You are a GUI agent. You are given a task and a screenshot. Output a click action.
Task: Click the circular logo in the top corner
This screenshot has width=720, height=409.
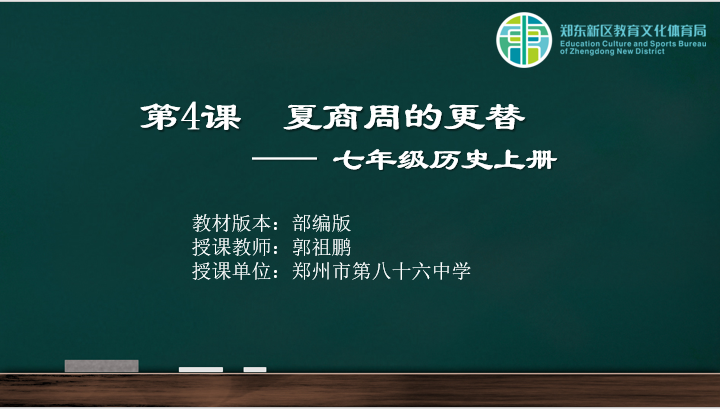pyautogui.click(x=524, y=40)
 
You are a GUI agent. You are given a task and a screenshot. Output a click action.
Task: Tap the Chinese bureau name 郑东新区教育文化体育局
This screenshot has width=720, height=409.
pyautogui.click(x=633, y=31)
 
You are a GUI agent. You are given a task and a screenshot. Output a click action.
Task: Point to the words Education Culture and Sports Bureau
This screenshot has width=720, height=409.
pyautogui.click(x=633, y=44)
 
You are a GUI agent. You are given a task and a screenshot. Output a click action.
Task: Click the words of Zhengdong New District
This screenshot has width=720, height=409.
pyautogui.click(x=612, y=51)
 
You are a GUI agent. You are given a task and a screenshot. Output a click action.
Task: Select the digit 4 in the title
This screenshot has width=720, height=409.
pyautogui.click(x=190, y=117)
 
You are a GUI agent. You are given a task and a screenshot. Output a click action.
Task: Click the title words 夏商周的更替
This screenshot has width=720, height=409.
pyautogui.click(x=404, y=118)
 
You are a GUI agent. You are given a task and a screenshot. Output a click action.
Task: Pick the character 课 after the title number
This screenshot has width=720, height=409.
pyautogui.click(x=221, y=118)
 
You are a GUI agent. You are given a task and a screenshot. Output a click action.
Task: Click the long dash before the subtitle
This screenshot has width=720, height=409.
pyautogui.click(x=284, y=159)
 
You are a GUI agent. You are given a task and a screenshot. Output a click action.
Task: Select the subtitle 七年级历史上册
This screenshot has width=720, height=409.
pyautogui.click(x=445, y=160)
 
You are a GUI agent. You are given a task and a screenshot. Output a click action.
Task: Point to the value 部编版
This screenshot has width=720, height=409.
pyautogui.click(x=321, y=224)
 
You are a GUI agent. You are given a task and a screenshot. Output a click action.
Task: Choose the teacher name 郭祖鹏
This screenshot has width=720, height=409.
pyautogui.click(x=321, y=247)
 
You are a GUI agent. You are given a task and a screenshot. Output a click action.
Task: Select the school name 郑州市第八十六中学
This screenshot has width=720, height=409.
pyautogui.click(x=382, y=271)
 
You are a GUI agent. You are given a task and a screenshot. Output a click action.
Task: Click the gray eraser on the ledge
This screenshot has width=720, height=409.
pyautogui.click(x=101, y=366)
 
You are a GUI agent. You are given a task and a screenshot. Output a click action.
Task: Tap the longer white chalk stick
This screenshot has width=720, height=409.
pyautogui.click(x=201, y=370)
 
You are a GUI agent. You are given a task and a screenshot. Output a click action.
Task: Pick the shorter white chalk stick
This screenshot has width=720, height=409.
pyautogui.click(x=255, y=370)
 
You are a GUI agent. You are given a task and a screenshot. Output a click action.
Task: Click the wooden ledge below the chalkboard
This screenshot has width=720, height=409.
pyautogui.click(x=360, y=390)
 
